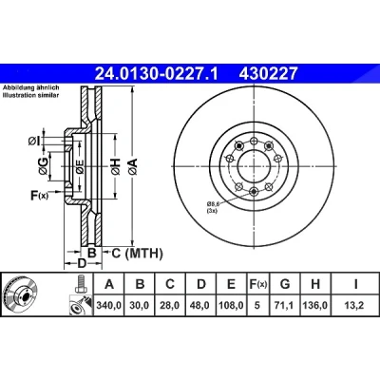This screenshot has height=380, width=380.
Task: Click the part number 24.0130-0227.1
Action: pyautogui.click(x=156, y=73)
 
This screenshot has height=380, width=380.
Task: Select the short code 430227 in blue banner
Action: pyautogui.click(x=268, y=73)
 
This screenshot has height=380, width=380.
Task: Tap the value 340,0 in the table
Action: pyautogui.click(x=108, y=306)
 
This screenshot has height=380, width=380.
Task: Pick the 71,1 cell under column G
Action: pyautogui.click(x=285, y=306)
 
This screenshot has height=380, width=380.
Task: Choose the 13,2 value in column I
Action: pyautogui.click(x=355, y=306)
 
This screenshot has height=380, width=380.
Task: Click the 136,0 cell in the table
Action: pyautogui.click(x=315, y=306)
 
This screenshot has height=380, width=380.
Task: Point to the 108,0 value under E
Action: pyautogui.click(x=232, y=306)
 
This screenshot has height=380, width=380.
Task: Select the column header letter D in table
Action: pyautogui.click(x=201, y=284)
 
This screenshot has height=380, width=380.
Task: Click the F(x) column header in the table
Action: pyautogui.click(x=257, y=284)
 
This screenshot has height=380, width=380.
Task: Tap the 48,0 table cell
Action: pyautogui.click(x=200, y=306)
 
